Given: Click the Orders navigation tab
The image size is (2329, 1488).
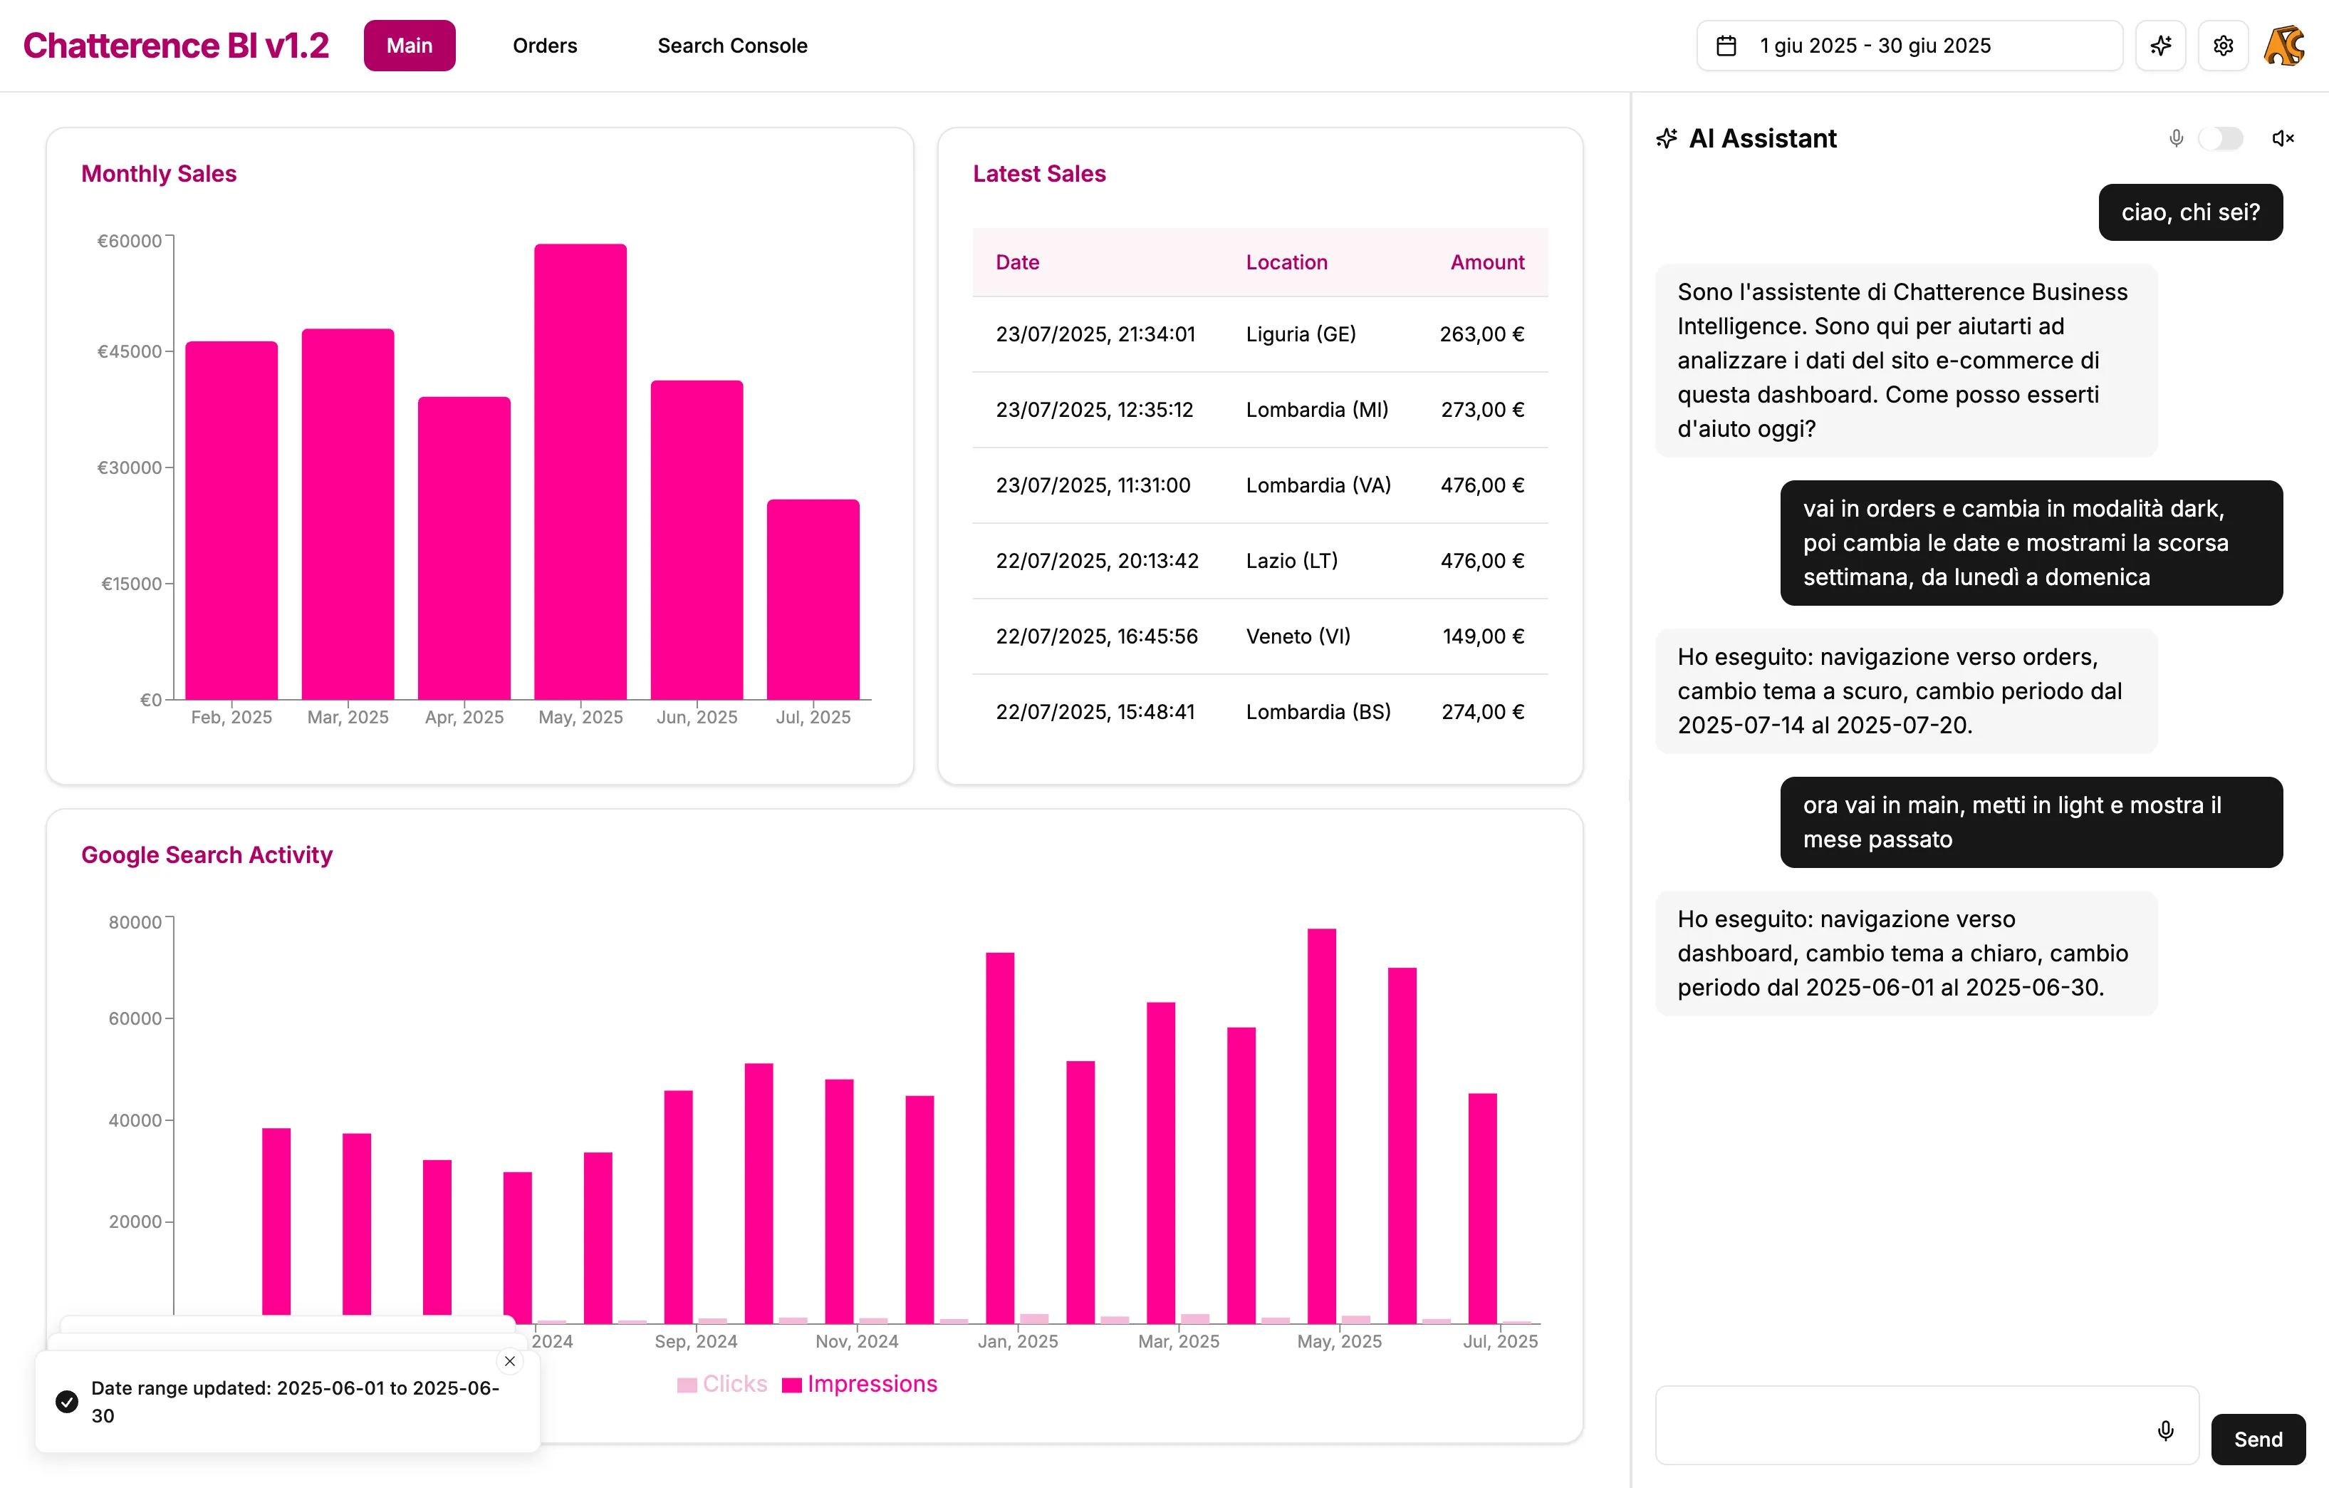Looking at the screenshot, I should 545,46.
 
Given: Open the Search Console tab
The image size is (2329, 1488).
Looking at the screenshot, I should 732,46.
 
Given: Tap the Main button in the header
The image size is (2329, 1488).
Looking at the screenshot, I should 409,46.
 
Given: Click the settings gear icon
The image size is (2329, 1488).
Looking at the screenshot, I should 2223,46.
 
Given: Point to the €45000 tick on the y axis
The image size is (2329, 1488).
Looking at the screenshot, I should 130,351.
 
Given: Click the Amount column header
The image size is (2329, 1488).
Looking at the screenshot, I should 1486,262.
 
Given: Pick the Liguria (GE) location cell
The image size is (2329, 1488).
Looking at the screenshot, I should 1300,334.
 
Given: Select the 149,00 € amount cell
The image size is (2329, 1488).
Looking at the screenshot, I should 1483,636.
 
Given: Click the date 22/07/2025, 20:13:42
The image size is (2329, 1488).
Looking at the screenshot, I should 1097,560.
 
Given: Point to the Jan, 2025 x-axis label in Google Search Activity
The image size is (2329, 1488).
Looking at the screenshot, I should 1018,1341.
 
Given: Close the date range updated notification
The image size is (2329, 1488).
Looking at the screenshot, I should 510,1361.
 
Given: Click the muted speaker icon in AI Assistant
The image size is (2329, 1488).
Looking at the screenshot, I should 2283,138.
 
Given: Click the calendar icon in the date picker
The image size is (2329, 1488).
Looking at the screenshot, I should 1726,46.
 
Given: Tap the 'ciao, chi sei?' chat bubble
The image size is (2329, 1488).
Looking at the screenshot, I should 2189,212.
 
